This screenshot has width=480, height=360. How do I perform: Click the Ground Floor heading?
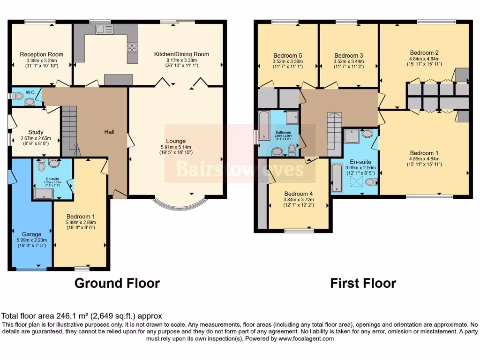[x=117, y=283]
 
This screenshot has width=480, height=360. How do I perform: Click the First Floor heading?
[x=363, y=283]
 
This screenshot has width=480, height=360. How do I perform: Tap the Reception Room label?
[x=41, y=54]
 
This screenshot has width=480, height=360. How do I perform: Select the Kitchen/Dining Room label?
[x=181, y=54]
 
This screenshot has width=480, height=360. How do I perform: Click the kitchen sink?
[x=102, y=30]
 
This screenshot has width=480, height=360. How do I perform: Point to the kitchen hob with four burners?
[x=132, y=47]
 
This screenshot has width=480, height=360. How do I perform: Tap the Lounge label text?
[x=176, y=141]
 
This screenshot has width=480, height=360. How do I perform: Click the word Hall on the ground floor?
[x=109, y=132]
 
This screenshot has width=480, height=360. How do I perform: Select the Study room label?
[x=36, y=132]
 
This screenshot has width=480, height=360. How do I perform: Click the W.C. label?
[x=24, y=92]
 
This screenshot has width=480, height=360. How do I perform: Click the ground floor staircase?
[x=69, y=129]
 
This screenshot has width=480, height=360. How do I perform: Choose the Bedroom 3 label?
[x=349, y=55]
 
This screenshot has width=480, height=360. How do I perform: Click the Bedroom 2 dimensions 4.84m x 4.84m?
[x=424, y=59]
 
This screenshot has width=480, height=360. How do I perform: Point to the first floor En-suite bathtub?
[x=337, y=178]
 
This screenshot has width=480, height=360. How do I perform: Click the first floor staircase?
[x=334, y=134]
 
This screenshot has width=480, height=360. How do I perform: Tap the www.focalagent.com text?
[x=306, y=338]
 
